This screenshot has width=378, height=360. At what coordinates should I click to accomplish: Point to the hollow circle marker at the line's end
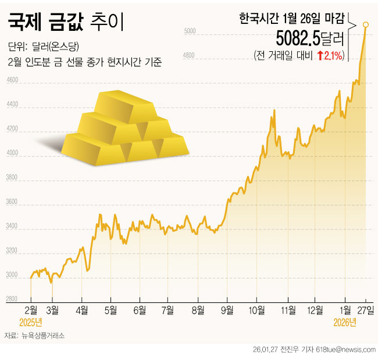pyautogui.click(x=365, y=24)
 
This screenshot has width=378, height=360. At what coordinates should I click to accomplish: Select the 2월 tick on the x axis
pyautogui.click(x=31, y=309)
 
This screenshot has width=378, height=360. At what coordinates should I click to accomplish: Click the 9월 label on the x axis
pyautogui.click(x=227, y=309)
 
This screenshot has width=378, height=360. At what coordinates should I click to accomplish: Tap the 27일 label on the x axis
pyautogui.click(x=366, y=309)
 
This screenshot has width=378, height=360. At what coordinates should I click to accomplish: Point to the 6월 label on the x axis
pyautogui.click(x=139, y=309)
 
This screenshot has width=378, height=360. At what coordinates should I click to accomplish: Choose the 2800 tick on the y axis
pyautogui.click(x=12, y=300)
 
